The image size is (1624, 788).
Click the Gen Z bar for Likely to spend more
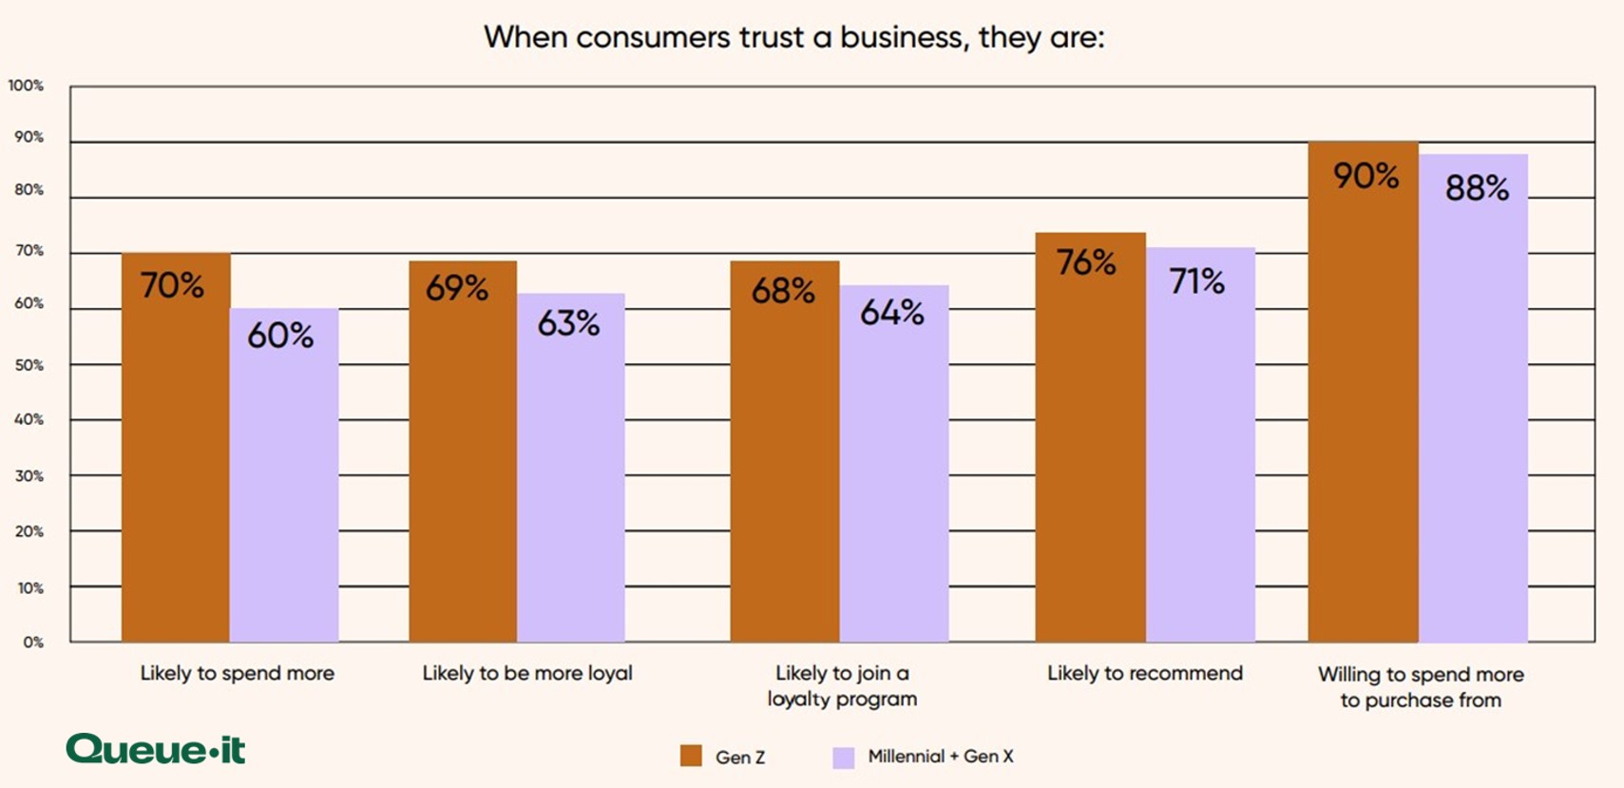point(176,447)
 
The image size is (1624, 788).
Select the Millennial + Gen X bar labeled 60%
point(284,475)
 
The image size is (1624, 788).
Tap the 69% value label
point(457,288)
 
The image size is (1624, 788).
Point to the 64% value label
point(891,313)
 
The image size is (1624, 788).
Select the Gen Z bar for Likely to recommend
point(1090,437)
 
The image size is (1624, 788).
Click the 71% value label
point(1196,281)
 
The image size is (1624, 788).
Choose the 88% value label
point(1477,188)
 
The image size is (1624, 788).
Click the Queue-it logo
point(156,749)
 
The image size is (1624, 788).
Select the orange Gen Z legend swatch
point(691,757)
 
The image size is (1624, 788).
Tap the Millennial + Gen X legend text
point(940,757)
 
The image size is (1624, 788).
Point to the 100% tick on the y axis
point(26,86)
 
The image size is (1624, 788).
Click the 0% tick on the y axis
point(33,643)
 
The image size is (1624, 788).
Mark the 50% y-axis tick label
point(29,365)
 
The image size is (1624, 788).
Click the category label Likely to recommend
point(1144,673)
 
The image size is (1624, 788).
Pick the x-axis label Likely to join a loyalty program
point(842,686)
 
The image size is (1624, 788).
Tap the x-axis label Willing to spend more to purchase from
point(1421,687)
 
